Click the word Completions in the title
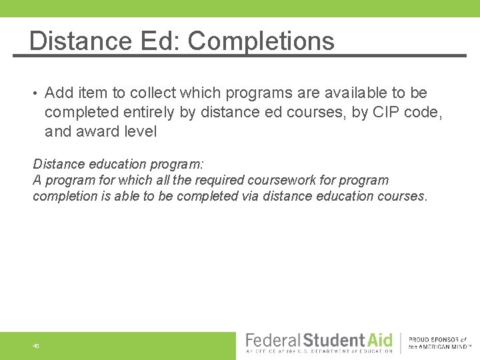coord(261,41)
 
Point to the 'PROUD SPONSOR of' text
coord(437,340)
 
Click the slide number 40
coord(35,346)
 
